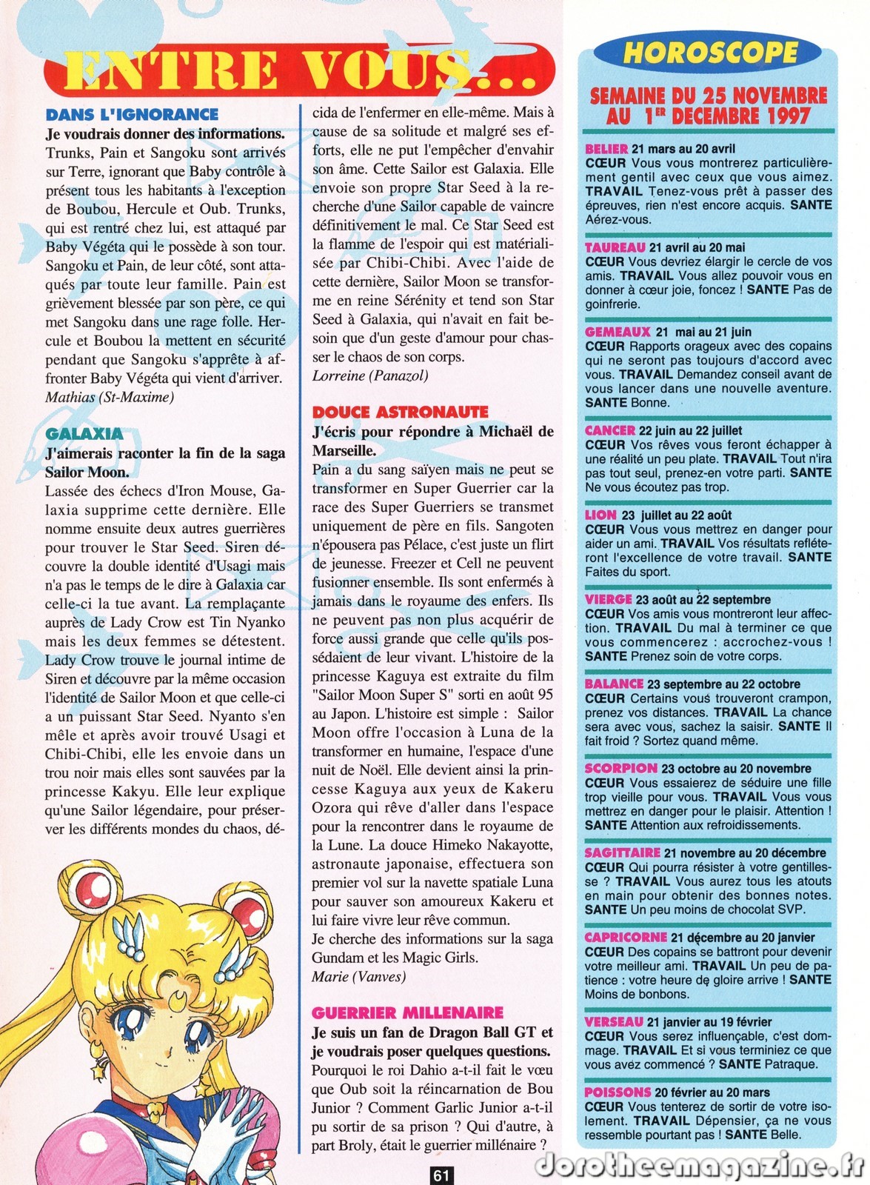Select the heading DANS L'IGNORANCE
click(132, 115)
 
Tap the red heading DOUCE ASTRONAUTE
click(400, 413)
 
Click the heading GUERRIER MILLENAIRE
click(407, 1012)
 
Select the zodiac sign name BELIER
click(606, 149)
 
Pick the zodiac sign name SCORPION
click(620, 769)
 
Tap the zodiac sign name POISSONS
click(618, 1092)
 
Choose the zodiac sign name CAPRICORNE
click(626, 938)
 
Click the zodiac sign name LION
click(600, 515)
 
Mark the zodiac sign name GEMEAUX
click(618, 332)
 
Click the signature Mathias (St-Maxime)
click(110, 397)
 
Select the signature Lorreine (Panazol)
click(369, 375)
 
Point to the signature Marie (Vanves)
click(359, 976)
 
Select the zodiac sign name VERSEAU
click(614, 1022)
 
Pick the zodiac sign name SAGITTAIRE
click(622, 853)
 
